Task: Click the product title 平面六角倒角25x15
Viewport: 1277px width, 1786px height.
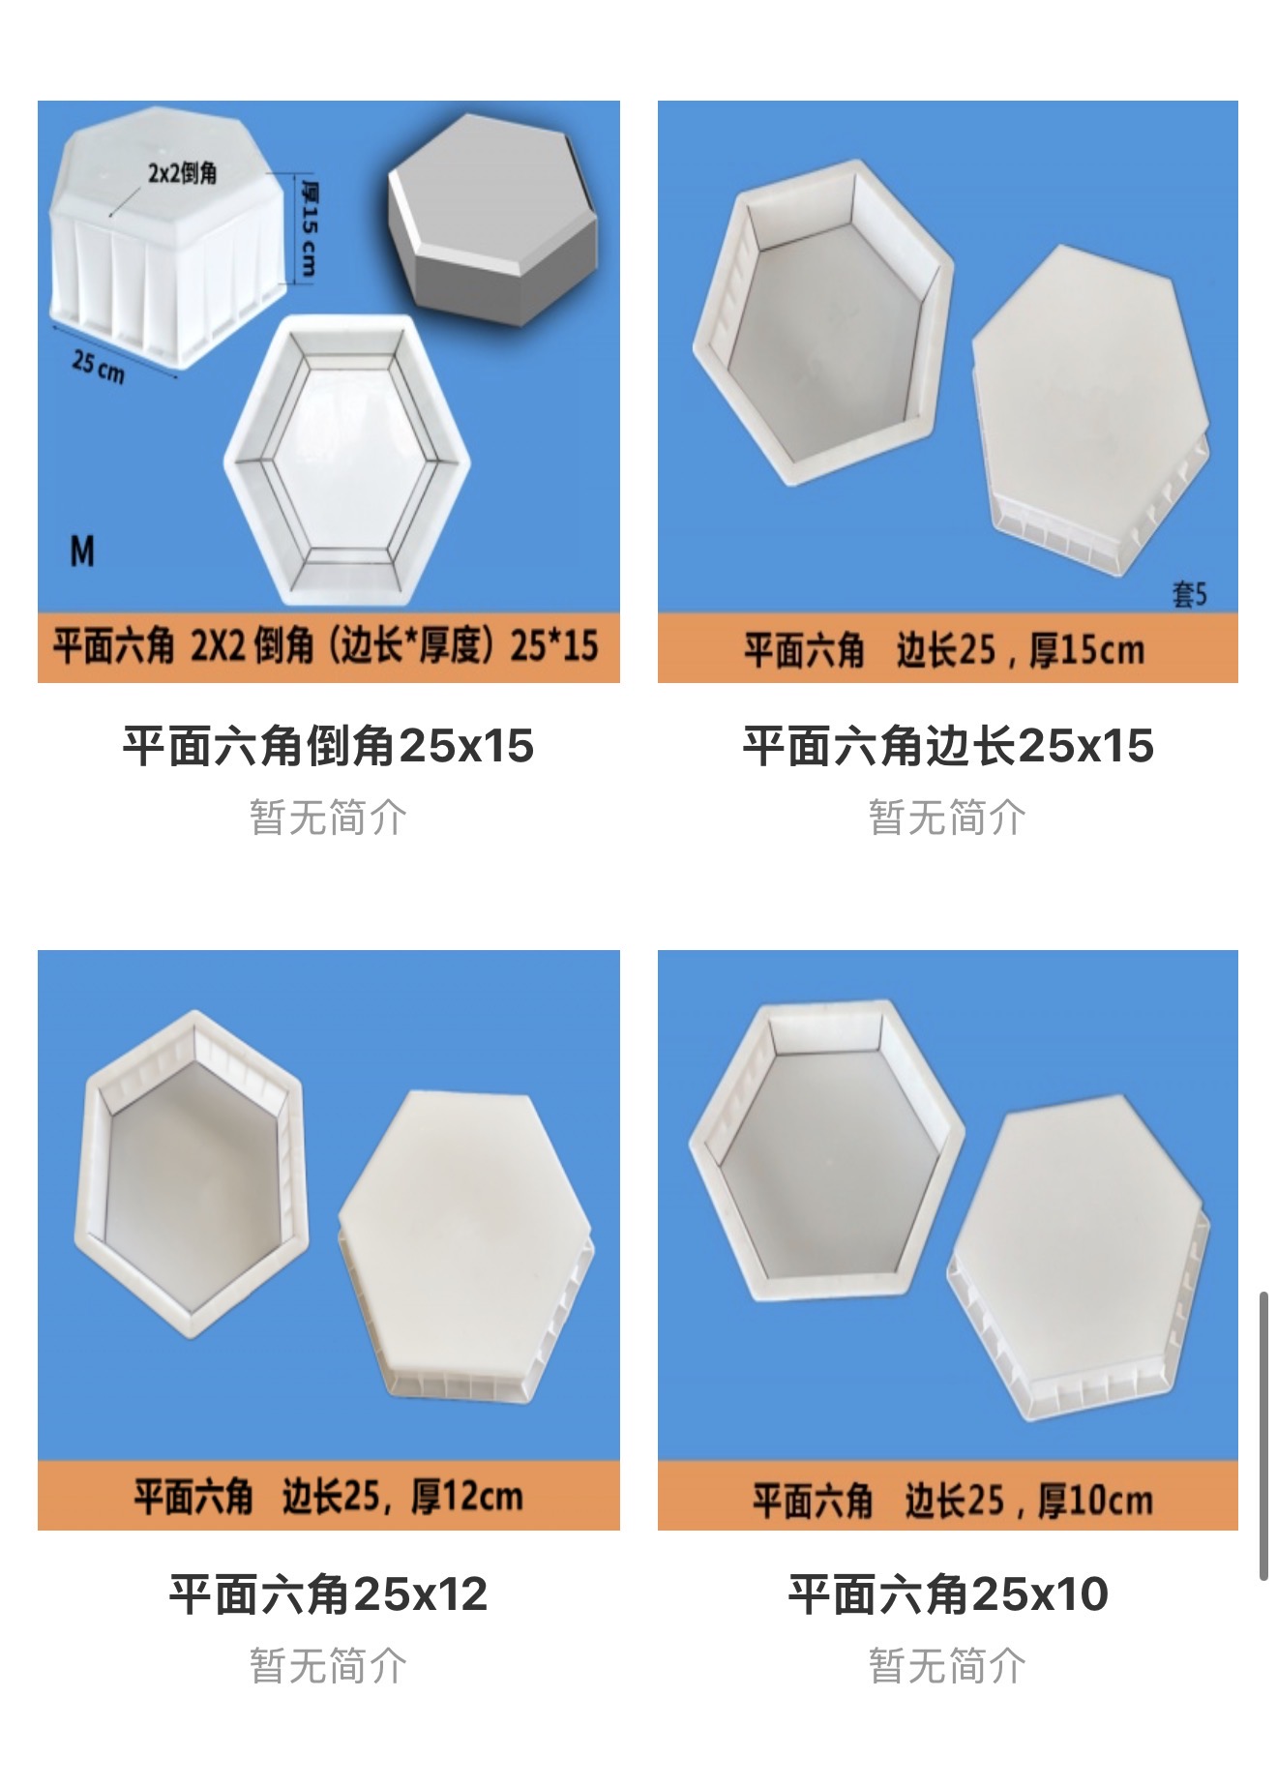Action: (328, 746)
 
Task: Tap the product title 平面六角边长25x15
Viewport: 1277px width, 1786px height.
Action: (948, 746)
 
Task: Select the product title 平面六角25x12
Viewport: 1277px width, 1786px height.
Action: (328, 1593)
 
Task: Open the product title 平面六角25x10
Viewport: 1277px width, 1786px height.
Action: (948, 1593)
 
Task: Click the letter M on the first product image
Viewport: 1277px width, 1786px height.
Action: (83, 551)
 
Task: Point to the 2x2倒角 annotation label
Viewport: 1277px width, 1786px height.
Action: (182, 173)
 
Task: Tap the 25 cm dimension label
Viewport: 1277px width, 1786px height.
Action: (98, 366)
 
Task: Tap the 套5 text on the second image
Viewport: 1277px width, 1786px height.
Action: (1190, 593)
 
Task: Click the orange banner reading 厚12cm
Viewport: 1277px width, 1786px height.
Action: (329, 1496)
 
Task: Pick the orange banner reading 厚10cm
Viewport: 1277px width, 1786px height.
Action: (948, 1496)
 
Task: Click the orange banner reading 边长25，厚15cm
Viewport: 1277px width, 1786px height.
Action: (948, 648)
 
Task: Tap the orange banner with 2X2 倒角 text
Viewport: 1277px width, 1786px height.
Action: (329, 647)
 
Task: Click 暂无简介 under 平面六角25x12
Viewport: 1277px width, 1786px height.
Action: (328, 1666)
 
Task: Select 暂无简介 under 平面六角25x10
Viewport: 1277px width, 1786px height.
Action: (948, 1666)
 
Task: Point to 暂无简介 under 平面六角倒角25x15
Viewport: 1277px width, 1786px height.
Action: (328, 818)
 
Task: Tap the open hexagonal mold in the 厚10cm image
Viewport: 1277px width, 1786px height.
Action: (827, 1150)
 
